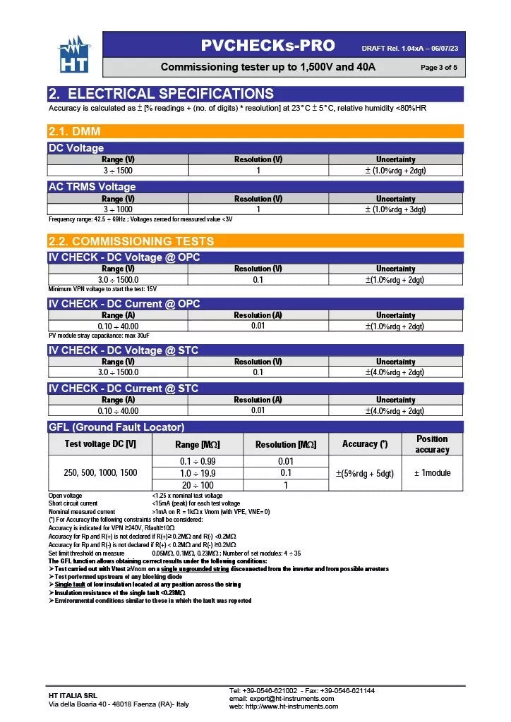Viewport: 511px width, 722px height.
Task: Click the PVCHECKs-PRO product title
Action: [267, 46]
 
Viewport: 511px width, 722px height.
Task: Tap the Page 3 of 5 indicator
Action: [438, 68]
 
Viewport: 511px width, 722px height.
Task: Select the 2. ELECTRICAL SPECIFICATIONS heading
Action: [161, 94]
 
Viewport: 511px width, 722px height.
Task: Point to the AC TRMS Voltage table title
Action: [92, 187]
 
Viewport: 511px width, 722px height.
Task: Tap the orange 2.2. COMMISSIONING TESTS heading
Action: [131, 241]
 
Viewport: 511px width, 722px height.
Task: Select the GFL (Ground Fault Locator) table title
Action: [116, 427]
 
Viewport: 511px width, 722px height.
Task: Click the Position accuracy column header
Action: [432, 444]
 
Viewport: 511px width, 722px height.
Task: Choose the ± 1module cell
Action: [432, 473]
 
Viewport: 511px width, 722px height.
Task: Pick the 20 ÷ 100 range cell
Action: [197, 485]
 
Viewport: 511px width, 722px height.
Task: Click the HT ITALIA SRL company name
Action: [72, 696]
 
